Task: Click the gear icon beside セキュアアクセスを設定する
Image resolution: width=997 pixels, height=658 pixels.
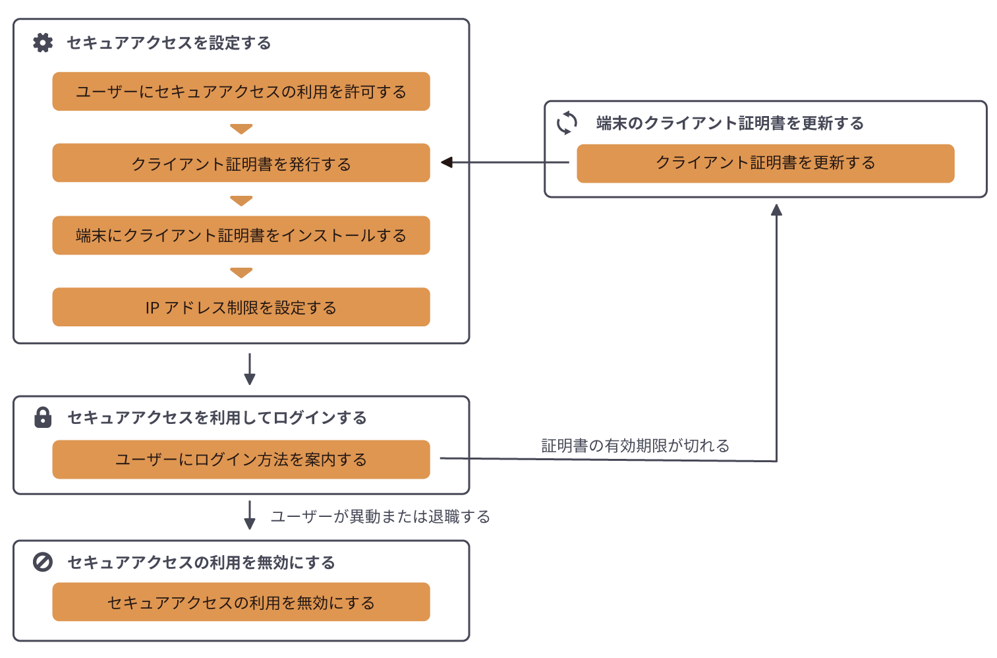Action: [43, 43]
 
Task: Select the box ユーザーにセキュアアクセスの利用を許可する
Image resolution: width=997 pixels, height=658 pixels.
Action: [241, 92]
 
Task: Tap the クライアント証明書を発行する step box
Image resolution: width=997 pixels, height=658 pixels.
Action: [241, 163]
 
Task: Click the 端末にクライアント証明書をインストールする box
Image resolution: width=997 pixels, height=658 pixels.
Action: [241, 235]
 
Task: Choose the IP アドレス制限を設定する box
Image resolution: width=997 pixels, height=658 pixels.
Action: [241, 307]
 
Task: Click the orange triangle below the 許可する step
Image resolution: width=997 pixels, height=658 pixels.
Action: [241, 129]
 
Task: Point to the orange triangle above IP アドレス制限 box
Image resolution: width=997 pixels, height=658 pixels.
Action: [241, 272]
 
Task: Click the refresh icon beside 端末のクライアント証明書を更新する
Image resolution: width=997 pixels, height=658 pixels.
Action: [567, 123]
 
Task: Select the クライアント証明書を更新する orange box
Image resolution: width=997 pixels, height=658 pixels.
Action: [765, 163]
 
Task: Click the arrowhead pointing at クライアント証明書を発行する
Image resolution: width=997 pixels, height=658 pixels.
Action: [447, 162]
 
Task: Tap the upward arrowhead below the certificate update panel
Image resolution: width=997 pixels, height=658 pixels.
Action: [776, 210]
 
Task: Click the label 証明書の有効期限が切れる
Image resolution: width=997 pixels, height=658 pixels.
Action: [635, 446]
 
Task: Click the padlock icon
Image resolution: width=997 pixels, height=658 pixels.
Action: [43, 417]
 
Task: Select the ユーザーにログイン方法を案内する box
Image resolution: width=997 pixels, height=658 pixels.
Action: [241, 460]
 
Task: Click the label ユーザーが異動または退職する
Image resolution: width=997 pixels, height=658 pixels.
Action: [380, 516]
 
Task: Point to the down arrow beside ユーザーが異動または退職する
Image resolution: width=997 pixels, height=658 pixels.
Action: [250, 516]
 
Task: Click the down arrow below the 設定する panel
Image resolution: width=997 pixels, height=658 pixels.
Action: [250, 369]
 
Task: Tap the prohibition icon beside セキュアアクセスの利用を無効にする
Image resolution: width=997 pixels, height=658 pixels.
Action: [43, 562]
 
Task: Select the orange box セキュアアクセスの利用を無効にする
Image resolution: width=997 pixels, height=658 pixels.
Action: [241, 602]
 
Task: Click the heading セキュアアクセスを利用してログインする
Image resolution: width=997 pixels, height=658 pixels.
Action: [217, 417]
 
